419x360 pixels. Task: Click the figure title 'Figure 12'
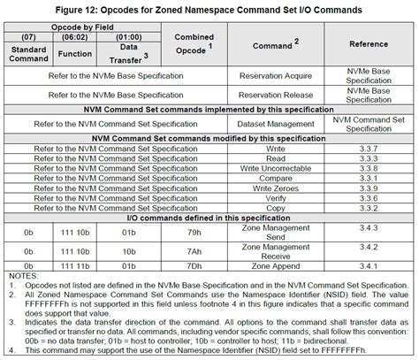209,8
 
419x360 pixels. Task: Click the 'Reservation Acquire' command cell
281,76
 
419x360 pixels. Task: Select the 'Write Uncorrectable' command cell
281,168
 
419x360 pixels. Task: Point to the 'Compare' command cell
281,177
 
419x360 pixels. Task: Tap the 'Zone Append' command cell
281,264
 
